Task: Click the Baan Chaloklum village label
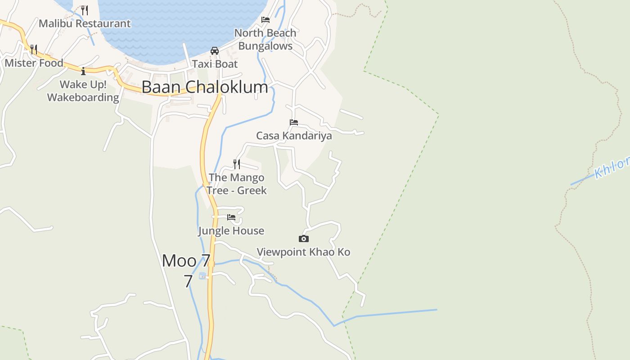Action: pos(205,87)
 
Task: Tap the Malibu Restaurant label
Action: pos(85,23)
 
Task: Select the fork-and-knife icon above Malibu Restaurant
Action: pos(85,10)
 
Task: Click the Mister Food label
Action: pos(34,63)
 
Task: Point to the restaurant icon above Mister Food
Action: pos(34,49)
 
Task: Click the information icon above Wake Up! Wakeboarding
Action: pos(83,71)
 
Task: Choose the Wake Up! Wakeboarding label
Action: pos(83,91)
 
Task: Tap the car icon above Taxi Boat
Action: pos(215,50)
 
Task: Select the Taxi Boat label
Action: pos(215,64)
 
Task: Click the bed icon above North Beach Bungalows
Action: pos(265,20)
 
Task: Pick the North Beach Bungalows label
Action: pos(265,39)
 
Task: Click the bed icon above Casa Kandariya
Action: pos(294,122)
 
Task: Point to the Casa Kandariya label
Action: pos(294,135)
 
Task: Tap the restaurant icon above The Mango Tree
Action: pos(237,164)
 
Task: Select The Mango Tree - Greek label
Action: pos(237,184)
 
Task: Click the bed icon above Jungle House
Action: pos(231,217)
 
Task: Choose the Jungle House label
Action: pos(231,231)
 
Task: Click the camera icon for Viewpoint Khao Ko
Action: pos(304,238)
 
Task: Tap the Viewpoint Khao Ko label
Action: pos(303,252)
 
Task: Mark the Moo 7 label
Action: pos(186,261)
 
